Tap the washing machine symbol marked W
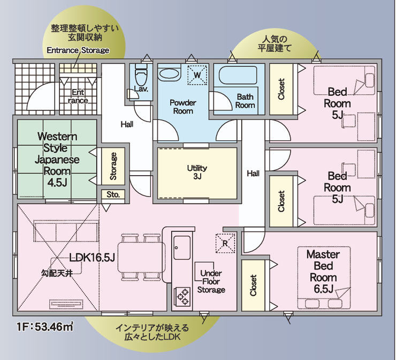pyautogui.click(x=197, y=75)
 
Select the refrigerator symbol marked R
pyautogui.click(x=225, y=243)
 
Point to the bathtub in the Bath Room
pyautogui.click(x=238, y=75)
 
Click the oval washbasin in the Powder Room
pyautogui.click(x=170, y=74)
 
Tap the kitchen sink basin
pyautogui.click(x=182, y=247)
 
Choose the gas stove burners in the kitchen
pyautogui.click(x=182, y=297)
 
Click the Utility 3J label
pyautogui.click(x=197, y=172)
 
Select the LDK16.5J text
pyautogui.click(x=92, y=258)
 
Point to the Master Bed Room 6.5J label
pyautogui.click(x=323, y=271)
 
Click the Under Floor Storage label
pyautogui.click(x=211, y=281)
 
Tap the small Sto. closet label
pyautogui.click(x=113, y=194)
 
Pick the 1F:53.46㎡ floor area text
pyautogui.click(x=45, y=326)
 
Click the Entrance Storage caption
pyautogui.click(x=78, y=50)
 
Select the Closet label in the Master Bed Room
pyautogui.click(x=253, y=286)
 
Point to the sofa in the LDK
pyautogui.click(x=66, y=231)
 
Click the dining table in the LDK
pyautogui.click(x=141, y=257)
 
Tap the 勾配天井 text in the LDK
pyautogui.click(x=57, y=273)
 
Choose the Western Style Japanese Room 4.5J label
pyautogui.click(x=57, y=159)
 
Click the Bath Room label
pyautogui.click(x=245, y=101)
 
